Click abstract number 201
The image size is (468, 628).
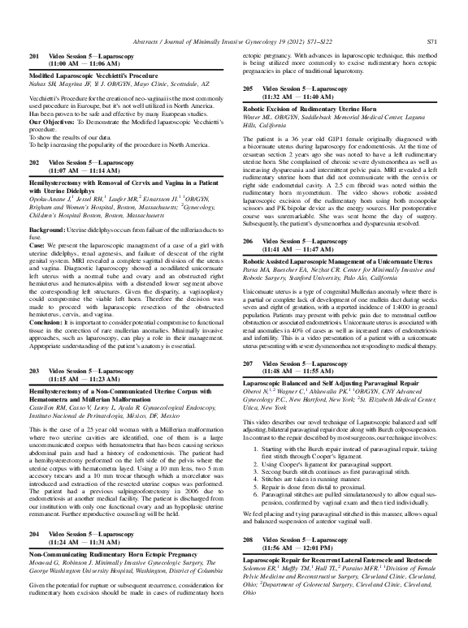[35, 54]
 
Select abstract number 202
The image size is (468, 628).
[35, 162]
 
